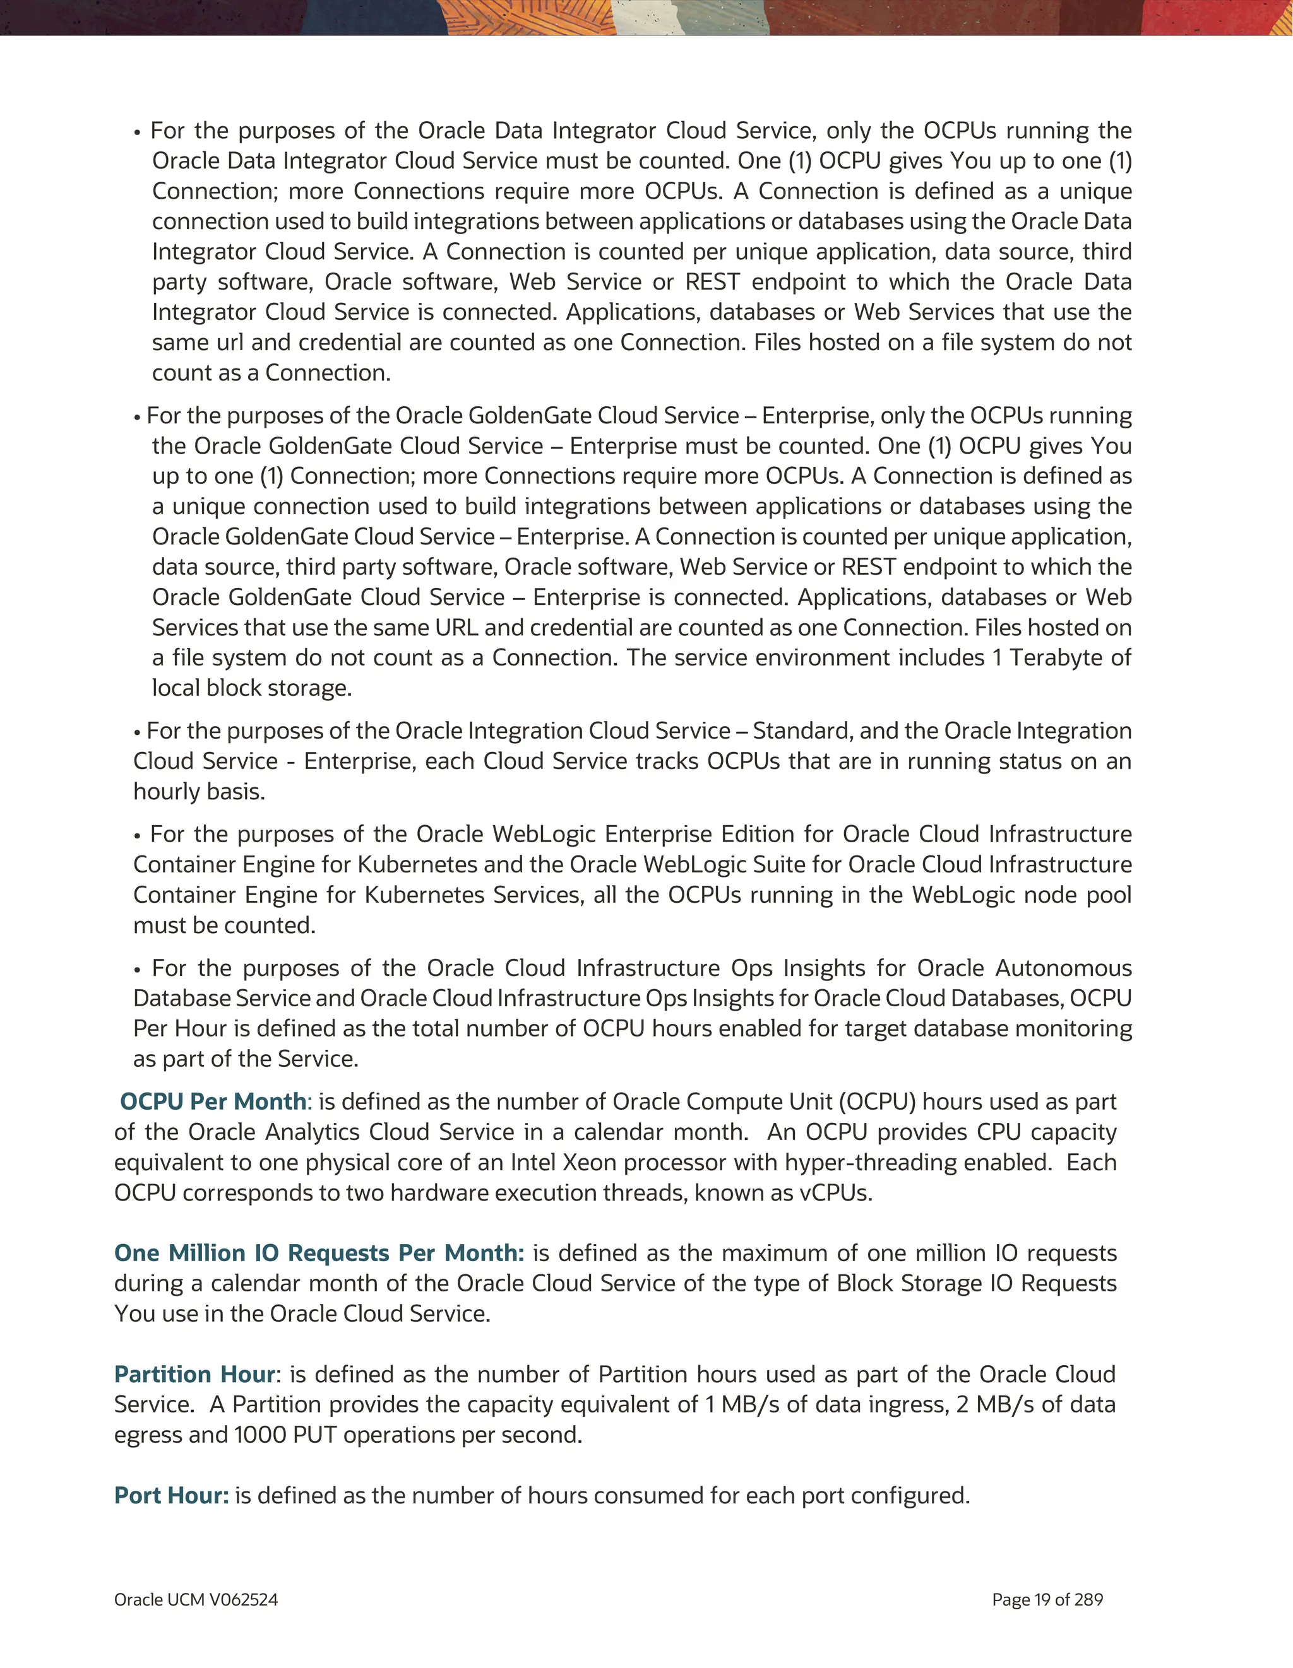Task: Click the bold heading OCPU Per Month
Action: [213, 1101]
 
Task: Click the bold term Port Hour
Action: [171, 1495]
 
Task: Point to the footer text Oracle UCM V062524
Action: [196, 1599]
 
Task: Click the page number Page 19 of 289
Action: [1047, 1599]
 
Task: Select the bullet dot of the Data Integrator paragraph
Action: [138, 132]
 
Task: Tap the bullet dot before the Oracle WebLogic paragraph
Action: [138, 835]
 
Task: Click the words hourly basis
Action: [199, 791]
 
